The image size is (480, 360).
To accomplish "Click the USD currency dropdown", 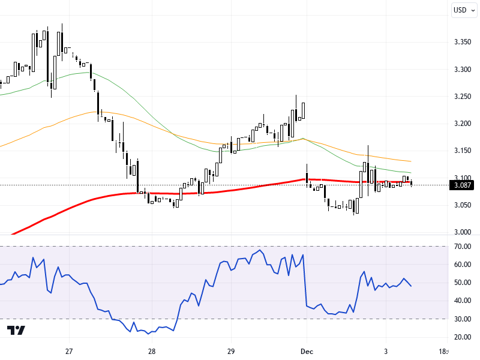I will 463,10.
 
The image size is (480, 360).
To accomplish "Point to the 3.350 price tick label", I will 463,42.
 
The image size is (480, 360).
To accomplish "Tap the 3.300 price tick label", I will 463,70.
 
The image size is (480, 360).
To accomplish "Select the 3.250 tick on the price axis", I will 463,97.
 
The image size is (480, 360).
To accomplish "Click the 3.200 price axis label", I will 463,124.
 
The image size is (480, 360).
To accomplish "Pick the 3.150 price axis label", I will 463,151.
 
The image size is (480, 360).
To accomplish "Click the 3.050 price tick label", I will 463,205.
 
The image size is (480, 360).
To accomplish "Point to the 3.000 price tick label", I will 463,232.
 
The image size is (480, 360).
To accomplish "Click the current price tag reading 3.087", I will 463,185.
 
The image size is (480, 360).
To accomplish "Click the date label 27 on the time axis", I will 69,351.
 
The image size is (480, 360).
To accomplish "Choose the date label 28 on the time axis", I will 151,351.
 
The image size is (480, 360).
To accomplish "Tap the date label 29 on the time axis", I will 231,351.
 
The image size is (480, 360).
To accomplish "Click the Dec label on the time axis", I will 307,351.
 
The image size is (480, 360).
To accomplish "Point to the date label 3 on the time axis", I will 386,351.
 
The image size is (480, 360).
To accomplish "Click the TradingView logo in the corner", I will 16,331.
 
